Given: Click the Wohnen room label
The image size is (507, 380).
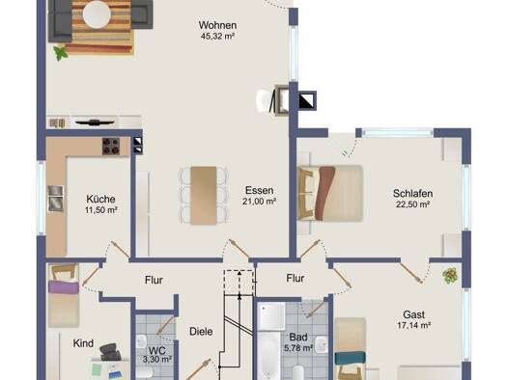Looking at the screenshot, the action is click(x=217, y=25).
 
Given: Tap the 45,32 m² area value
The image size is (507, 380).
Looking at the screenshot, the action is click(x=217, y=36).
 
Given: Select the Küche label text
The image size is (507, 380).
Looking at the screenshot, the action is click(x=100, y=199).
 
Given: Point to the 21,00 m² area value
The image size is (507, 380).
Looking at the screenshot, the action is click(x=260, y=202).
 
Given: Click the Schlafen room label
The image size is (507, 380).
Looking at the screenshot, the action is click(x=412, y=194).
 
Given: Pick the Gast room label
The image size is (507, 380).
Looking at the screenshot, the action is click(x=414, y=314).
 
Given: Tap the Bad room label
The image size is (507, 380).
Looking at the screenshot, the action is click(x=298, y=338).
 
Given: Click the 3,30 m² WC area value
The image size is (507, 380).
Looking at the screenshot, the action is click(x=157, y=359).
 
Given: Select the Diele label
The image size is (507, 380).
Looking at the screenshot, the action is click(x=201, y=331).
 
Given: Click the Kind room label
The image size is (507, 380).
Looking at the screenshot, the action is click(x=83, y=343).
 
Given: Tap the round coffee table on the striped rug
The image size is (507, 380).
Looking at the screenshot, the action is click(x=97, y=14).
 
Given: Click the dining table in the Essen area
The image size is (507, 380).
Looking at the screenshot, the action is click(x=204, y=195).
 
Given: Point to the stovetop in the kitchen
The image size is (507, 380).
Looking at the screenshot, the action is click(x=111, y=146).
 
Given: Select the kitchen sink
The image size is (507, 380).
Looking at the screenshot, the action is click(x=56, y=199).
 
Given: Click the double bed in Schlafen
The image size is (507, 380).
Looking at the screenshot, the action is click(x=330, y=193).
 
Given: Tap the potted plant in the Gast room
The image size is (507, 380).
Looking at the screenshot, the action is click(x=450, y=276).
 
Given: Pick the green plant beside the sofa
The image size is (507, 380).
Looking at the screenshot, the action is click(x=60, y=53).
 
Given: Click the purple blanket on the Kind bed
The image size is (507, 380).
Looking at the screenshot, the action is click(x=64, y=287).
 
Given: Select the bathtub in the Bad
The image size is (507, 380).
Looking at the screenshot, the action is click(x=268, y=355).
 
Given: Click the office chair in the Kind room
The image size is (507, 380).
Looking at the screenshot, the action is click(x=110, y=351).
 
